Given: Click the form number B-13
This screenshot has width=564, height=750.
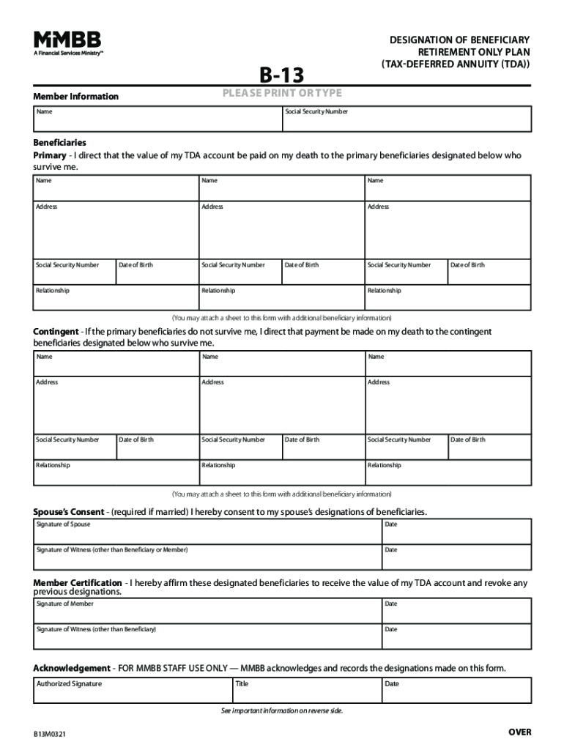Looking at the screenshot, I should pos(282,74).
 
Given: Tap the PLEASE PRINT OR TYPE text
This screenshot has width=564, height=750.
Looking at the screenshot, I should pos(282,93).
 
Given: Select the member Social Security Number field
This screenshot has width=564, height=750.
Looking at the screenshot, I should pos(407,119).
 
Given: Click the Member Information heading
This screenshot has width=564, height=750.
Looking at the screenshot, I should pos(75,97).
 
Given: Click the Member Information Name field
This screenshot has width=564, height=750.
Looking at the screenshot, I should pos(157,119).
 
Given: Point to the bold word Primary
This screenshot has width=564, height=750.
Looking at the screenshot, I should pos(49,156).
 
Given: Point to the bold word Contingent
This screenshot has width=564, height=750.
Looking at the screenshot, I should pos(56,332).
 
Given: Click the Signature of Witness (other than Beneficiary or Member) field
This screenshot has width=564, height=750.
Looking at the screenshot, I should pos(207,557).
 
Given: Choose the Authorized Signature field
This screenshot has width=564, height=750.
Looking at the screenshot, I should pos(132,691).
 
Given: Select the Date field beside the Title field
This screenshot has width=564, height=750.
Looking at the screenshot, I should pos(456,691).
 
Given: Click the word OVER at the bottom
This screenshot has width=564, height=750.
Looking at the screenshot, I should pos(519,732).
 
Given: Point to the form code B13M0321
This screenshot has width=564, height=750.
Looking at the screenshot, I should pos(48,734).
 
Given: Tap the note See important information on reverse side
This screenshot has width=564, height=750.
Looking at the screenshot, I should pos(282,711).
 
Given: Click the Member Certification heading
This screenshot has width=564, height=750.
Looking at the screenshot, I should pos(78,583).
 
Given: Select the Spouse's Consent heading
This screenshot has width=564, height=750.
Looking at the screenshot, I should pos(68,511).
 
